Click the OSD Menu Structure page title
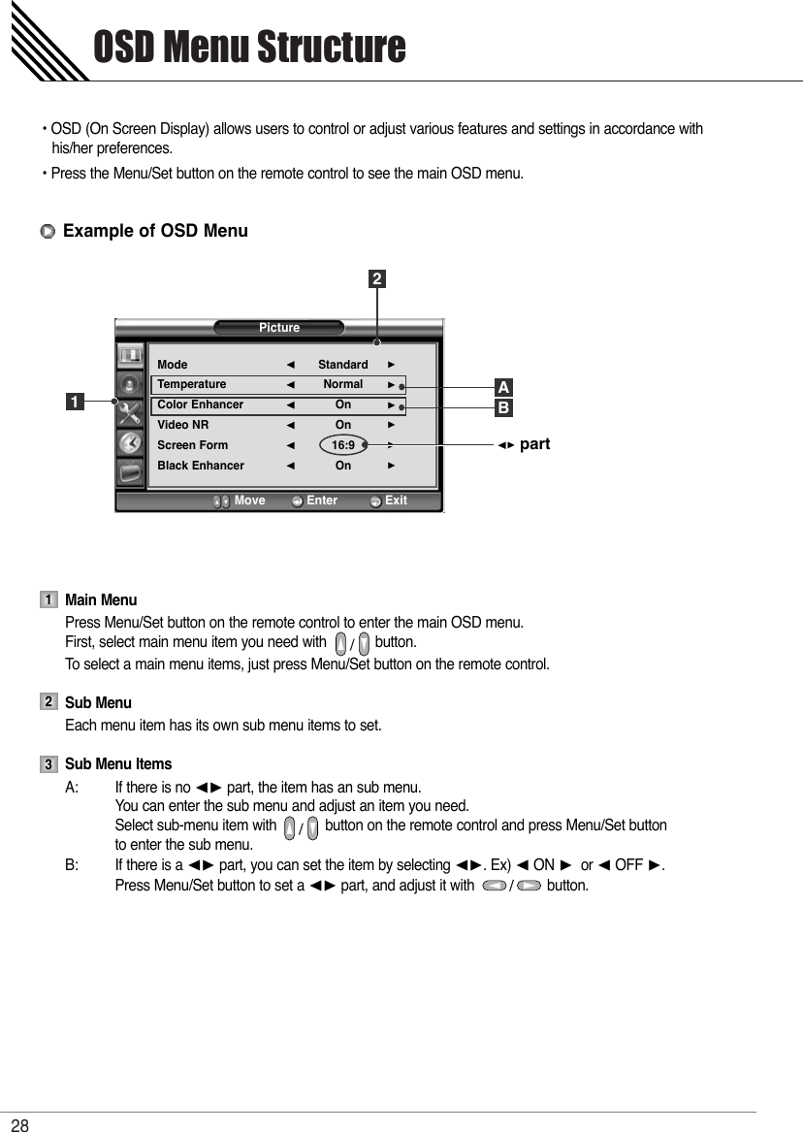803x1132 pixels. (248, 47)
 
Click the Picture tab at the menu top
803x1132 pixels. (279, 328)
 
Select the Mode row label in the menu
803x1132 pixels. (173, 365)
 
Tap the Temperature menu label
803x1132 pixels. (192, 384)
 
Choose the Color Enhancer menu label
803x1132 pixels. (201, 404)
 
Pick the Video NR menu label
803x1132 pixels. (183, 425)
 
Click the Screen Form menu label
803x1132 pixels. (193, 445)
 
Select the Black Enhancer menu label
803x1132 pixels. (201, 466)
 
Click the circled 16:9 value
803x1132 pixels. (343, 445)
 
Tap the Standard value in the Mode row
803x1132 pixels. (343, 365)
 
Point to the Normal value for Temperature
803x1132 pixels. (343, 384)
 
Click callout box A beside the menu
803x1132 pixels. (503, 388)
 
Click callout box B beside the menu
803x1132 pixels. (503, 408)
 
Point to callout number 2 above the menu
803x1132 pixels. (376, 280)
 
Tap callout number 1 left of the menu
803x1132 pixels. (74, 400)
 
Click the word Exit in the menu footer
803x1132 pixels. (396, 501)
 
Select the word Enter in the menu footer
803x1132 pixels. (322, 501)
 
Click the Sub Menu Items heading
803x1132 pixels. (118, 764)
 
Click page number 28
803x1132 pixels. (20, 1124)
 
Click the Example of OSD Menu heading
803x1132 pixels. (155, 231)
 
